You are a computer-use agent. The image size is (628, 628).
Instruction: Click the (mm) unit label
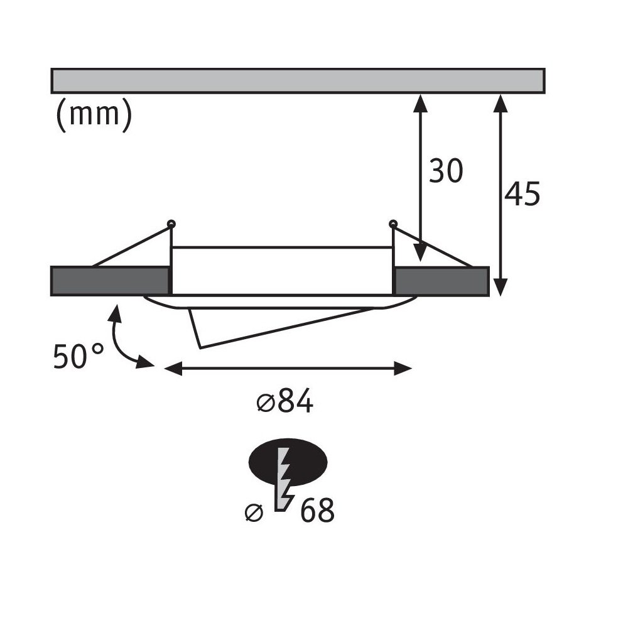(94, 114)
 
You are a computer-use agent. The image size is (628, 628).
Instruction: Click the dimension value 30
(446, 171)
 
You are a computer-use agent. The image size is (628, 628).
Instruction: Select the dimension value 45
(522, 194)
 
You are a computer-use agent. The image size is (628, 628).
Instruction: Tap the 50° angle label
(78, 355)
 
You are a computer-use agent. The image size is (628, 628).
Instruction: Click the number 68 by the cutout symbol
(317, 510)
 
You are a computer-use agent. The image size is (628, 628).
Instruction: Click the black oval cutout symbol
(288, 462)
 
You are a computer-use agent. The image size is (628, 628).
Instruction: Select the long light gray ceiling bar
(298, 81)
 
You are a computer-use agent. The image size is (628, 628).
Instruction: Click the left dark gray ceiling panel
(110, 281)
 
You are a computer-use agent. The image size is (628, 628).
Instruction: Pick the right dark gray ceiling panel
(441, 281)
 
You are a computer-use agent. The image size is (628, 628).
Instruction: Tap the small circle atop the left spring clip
(171, 224)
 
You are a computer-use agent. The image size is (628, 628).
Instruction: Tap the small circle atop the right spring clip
(393, 223)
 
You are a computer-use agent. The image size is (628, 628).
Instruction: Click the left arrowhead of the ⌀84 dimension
(173, 368)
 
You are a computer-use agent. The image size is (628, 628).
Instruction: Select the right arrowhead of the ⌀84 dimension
(403, 368)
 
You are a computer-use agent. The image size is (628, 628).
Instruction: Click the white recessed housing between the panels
(282, 271)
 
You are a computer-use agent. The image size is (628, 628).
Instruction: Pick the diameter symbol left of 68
(254, 512)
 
